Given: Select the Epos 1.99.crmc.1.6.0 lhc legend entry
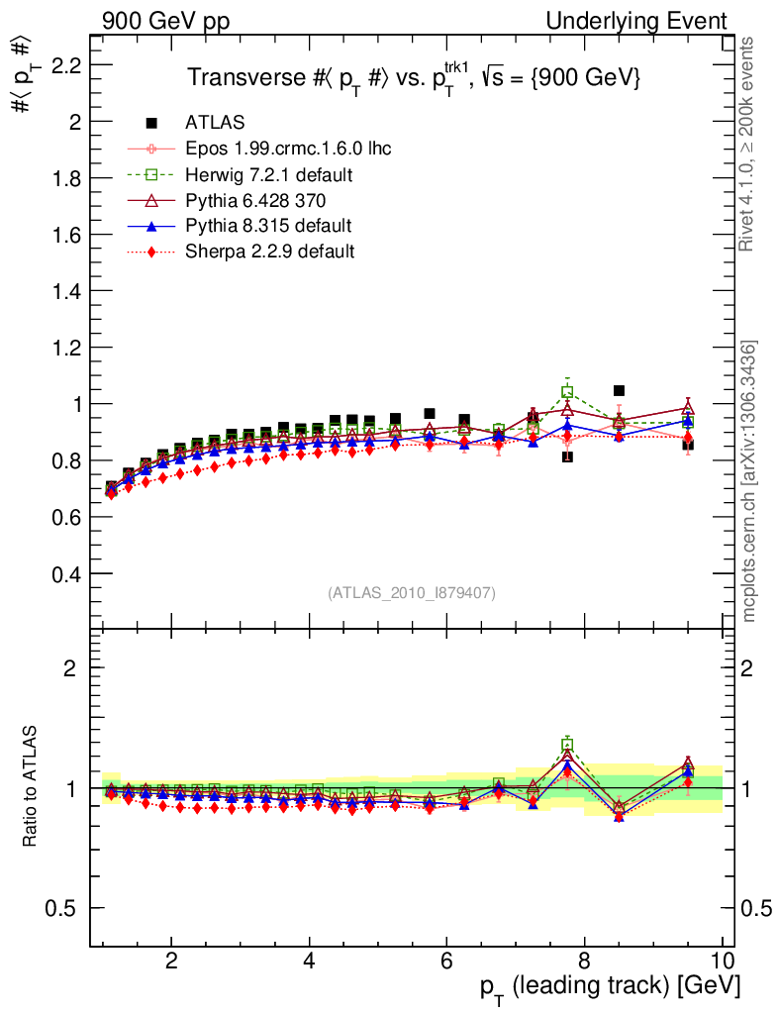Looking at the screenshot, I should coord(288,150).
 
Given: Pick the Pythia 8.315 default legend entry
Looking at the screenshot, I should coord(268,226).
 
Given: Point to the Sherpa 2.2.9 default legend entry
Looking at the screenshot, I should coord(269,252).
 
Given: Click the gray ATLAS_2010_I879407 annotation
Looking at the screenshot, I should coord(412,593).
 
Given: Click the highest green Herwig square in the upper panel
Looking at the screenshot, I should coord(567,391).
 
